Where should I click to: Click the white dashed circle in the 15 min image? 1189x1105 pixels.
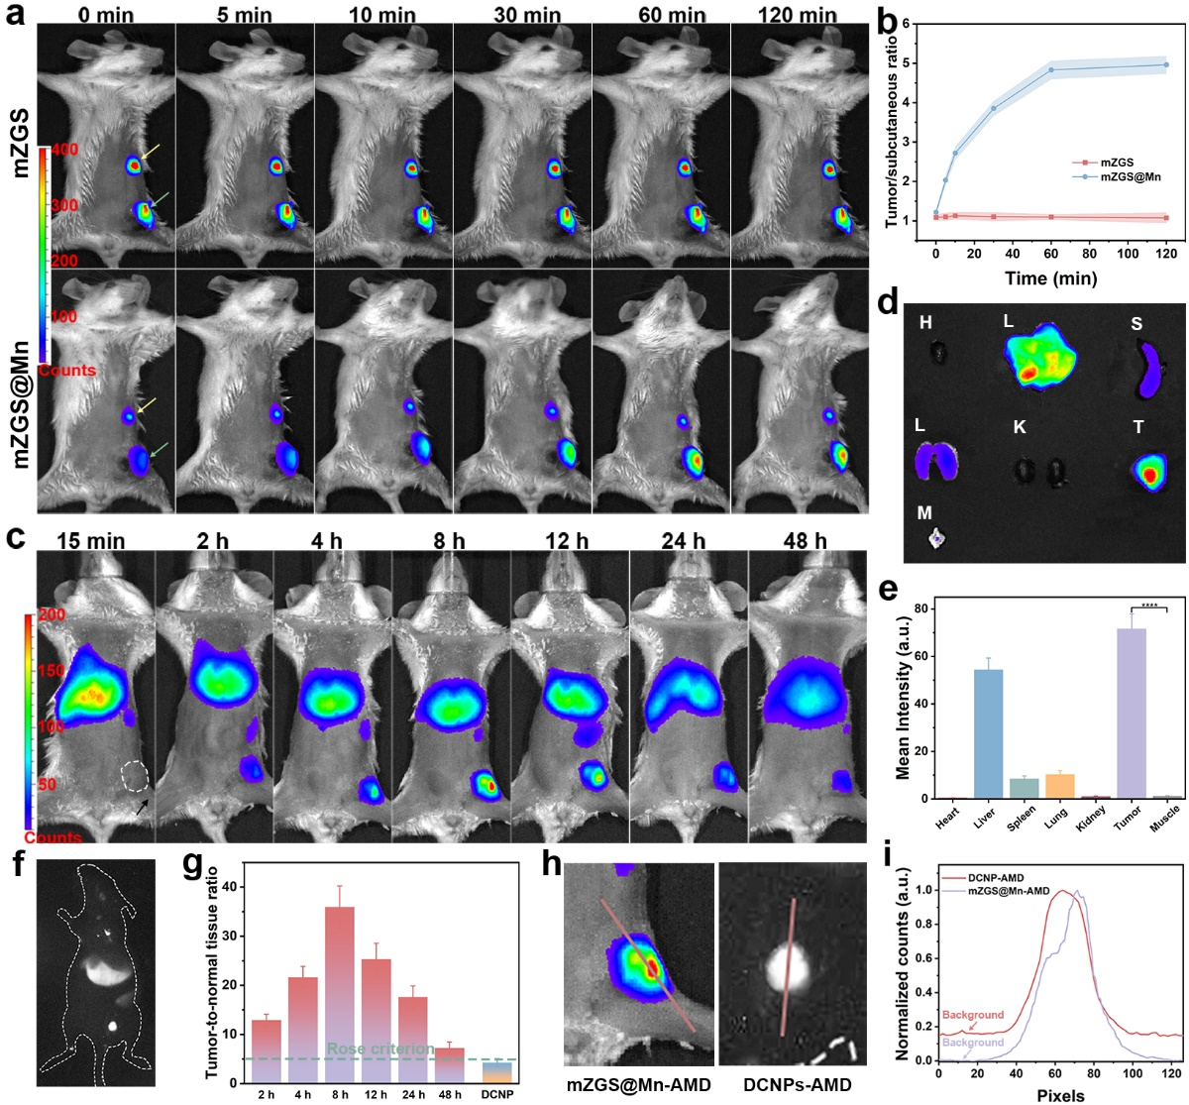133,776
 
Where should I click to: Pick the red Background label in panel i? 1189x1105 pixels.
972,1016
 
